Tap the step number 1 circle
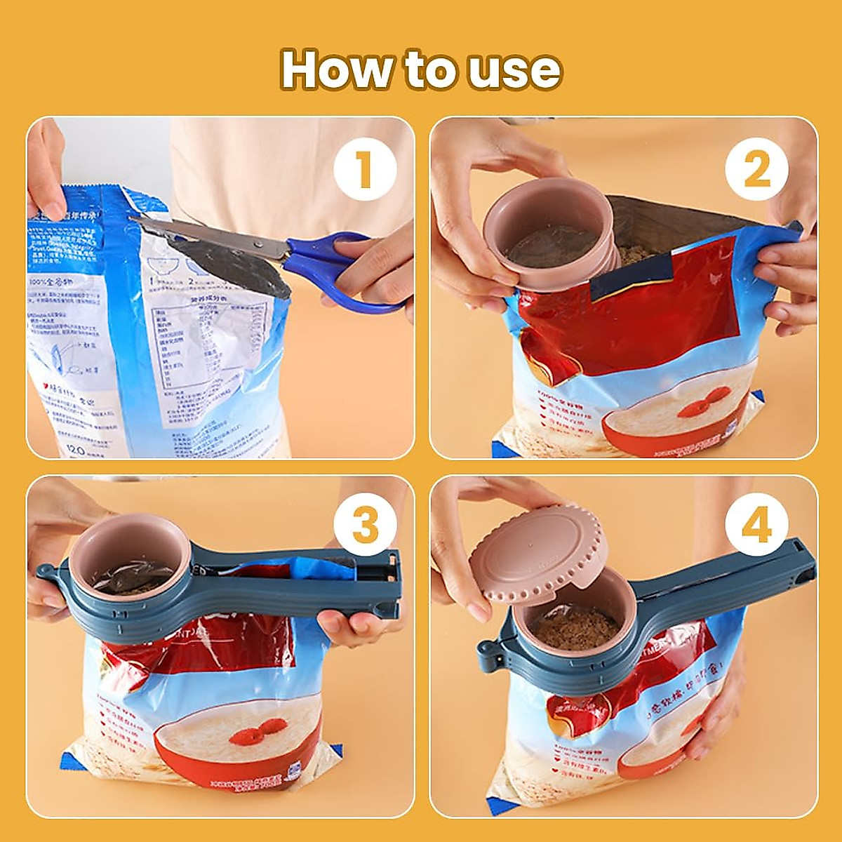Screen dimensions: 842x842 [364, 170]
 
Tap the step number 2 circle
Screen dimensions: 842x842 [756, 170]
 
